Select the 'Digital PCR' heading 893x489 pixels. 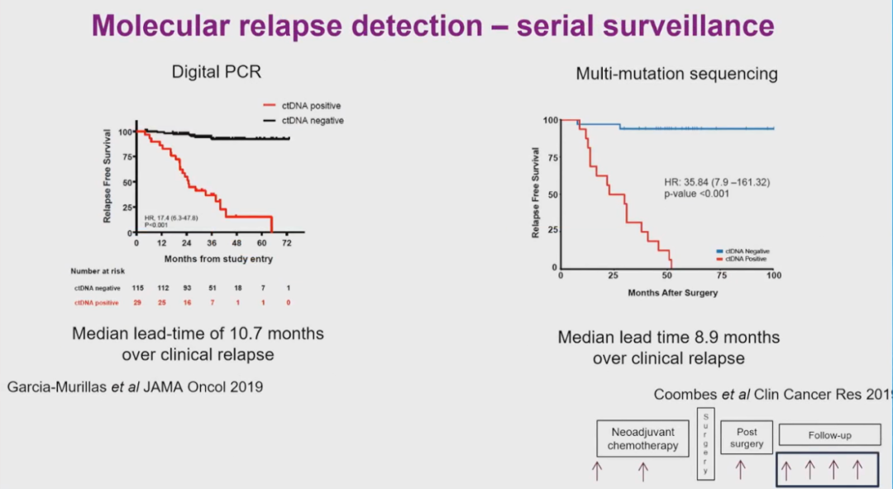coord(216,72)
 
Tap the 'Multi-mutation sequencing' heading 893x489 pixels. coord(676,74)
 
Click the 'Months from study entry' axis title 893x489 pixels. coord(218,259)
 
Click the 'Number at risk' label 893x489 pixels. coord(98,271)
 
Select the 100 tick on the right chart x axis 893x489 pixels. coord(774,276)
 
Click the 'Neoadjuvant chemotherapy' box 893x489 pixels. coord(643,439)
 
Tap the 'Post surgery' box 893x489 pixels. coord(747,438)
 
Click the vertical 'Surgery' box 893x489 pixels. coord(705,443)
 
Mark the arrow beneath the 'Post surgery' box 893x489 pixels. coord(741,471)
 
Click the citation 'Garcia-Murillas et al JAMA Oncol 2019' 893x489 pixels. coord(135,386)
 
